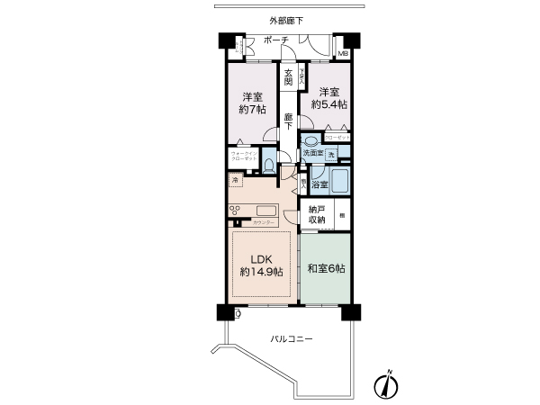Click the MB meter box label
click(x=343, y=53)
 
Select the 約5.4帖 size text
click(x=328, y=105)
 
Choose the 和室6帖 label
click(x=325, y=266)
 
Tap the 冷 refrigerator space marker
click(x=234, y=180)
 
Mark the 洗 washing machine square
click(x=331, y=155)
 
